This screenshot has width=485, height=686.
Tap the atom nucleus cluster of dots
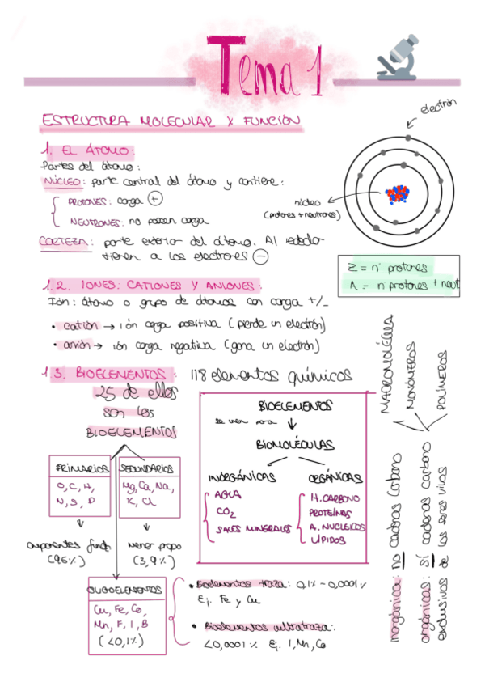pyautogui.click(x=398, y=194)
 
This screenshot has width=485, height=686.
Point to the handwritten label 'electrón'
pyautogui.click(x=437, y=107)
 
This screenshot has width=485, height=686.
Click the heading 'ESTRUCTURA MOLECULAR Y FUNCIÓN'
pyautogui.click(x=171, y=121)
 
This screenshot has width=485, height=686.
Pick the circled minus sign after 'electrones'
pyautogui.click(x=259, y=256)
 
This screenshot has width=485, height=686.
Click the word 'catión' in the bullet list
pyautogui.click(x=78, y=325)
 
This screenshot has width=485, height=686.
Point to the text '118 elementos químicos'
pyautogui.click(x=272, y=376)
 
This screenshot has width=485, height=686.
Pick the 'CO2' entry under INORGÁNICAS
pyautogui.click(x=227, y=511)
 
